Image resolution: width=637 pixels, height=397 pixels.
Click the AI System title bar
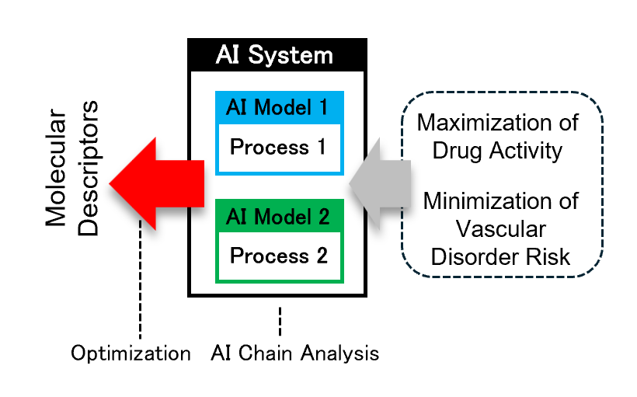[277, 55]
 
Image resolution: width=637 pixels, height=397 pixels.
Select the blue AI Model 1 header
[280, 108]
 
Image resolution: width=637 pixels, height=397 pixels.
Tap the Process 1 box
[280, 148]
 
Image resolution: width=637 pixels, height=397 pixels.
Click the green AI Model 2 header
[280, 216]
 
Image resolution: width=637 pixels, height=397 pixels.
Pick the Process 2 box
[280, 256]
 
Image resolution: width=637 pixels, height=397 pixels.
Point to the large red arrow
[157, 183]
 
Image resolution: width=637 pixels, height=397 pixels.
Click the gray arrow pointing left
[380, 183]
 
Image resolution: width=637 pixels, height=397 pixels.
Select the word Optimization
[131, 353]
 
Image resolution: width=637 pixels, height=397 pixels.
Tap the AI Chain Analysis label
[295, 353]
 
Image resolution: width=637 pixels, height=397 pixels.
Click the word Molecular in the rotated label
[56, 167]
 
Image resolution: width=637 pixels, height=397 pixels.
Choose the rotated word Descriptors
[88, 169]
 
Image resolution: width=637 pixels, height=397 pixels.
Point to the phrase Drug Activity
[497, 151]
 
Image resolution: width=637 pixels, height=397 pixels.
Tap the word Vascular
[500, 230]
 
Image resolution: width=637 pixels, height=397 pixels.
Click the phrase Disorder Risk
[500, 257]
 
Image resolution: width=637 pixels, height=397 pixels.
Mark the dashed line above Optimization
[140, 280]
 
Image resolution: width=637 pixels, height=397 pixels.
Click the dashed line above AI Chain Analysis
[280, 322]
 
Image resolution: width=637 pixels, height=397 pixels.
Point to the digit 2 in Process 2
[322, 256]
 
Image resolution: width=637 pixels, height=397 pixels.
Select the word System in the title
[291, 56]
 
